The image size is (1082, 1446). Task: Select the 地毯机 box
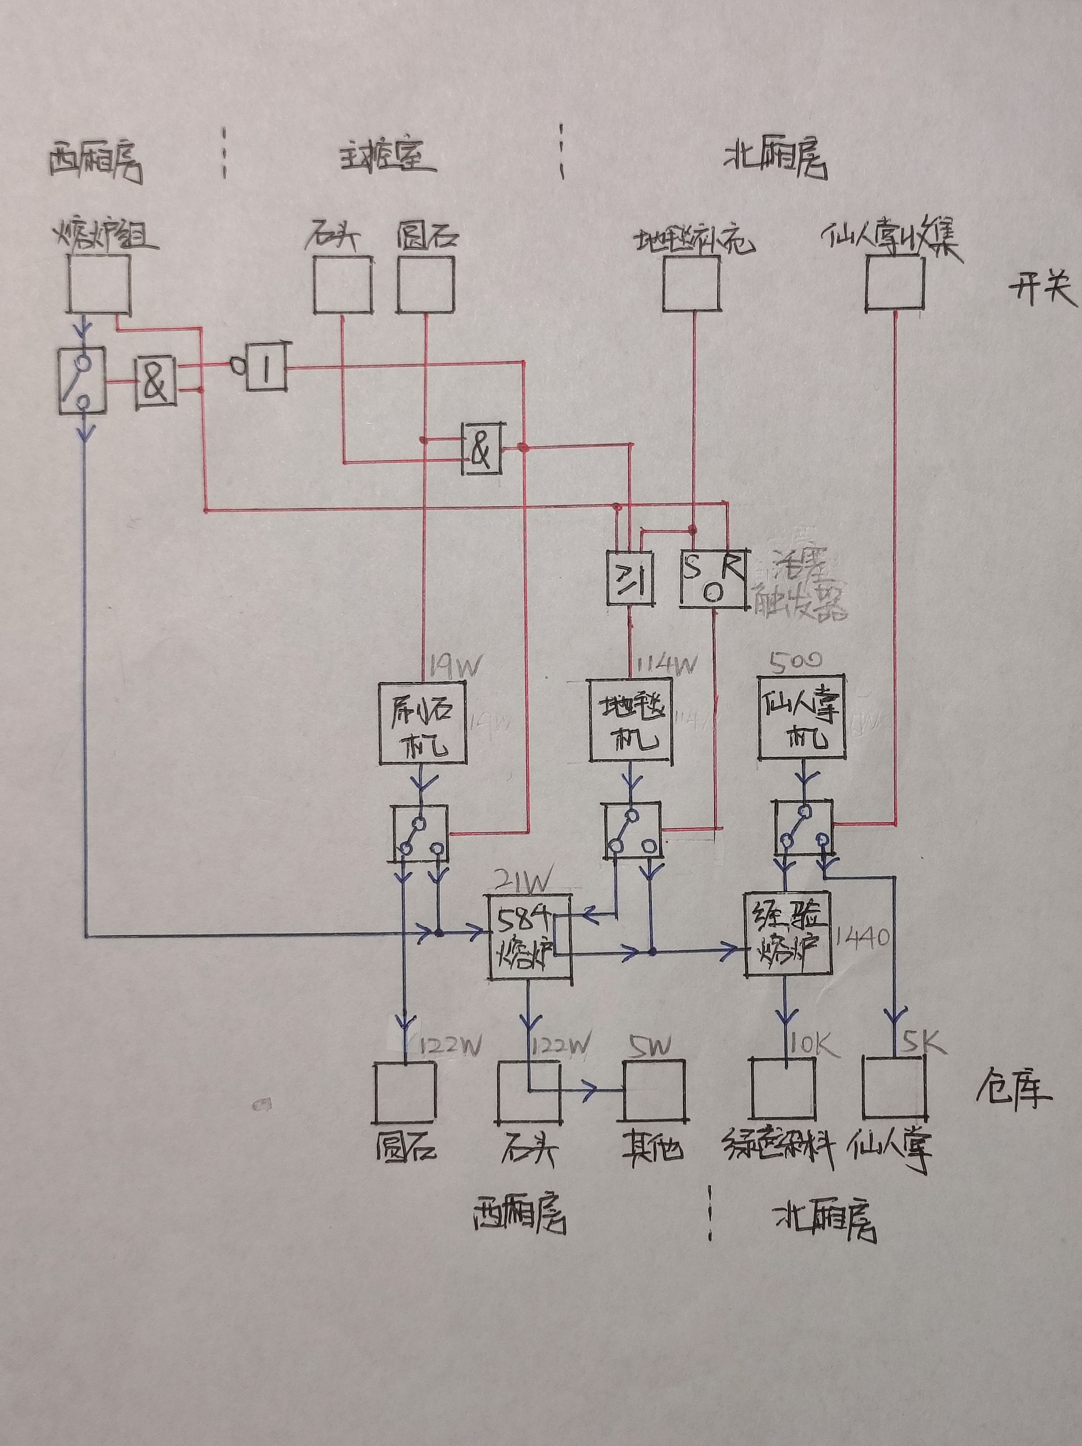[630, 720]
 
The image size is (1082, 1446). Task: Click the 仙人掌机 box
[802, 718]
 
